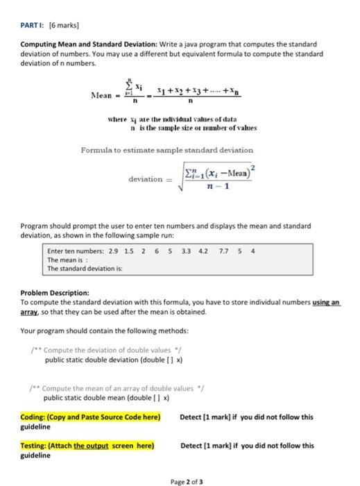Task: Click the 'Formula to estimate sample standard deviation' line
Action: click(177, 149)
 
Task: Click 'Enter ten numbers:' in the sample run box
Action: click(74, 252)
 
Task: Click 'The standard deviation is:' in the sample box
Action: click(79, 269)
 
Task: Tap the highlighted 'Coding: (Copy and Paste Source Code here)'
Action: click(90, 417)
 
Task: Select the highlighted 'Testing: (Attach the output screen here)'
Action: click(87, 446)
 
